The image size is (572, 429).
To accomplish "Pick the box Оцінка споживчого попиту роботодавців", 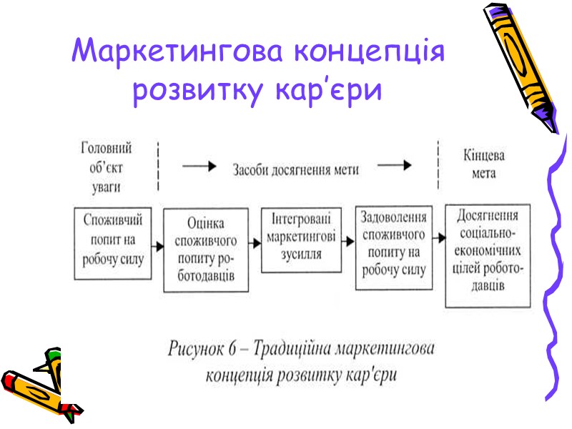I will point(206,250).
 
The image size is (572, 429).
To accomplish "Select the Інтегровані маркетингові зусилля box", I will point(301,240).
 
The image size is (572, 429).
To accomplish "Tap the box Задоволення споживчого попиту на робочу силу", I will point(395,244).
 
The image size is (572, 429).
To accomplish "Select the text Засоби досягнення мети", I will point(295,170).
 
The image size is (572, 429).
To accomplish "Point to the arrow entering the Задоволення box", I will point(348,241).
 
